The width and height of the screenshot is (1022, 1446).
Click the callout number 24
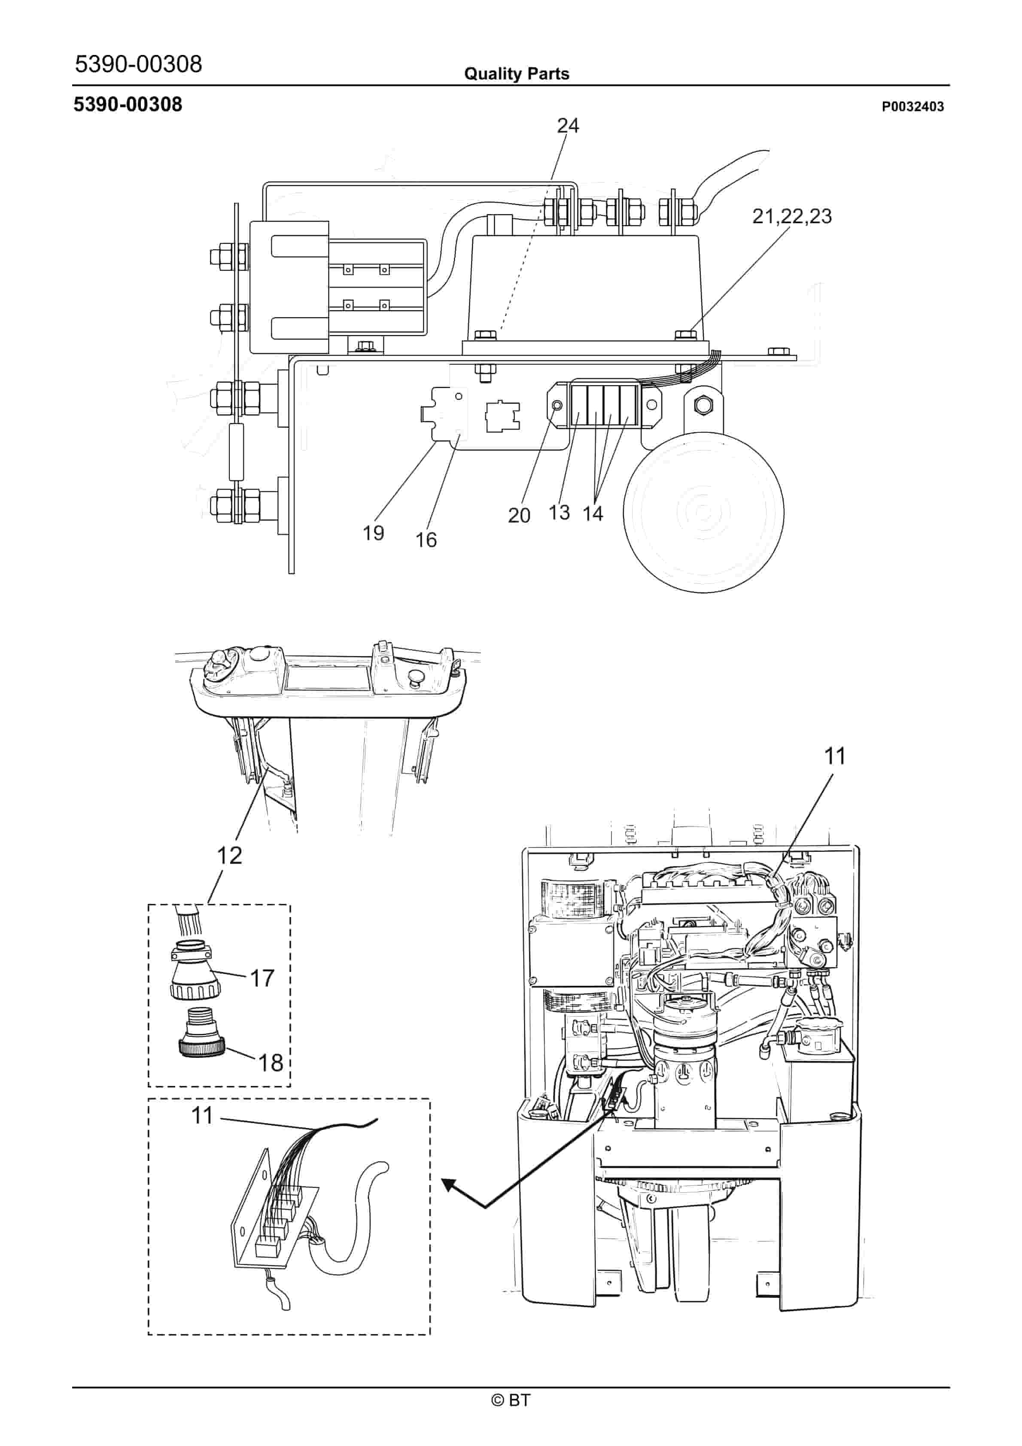click(568, 126)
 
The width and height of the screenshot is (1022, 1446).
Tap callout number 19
click(373, 533)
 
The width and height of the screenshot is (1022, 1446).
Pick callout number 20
click(519, 515)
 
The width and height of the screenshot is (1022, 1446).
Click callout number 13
click(559, 512)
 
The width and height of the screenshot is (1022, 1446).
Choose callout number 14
click(592, 514)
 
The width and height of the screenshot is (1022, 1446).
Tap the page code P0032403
click(912, 106)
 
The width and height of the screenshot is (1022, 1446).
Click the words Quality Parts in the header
click(517, 74)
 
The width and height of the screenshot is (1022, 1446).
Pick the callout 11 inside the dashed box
click(202, 1115)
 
